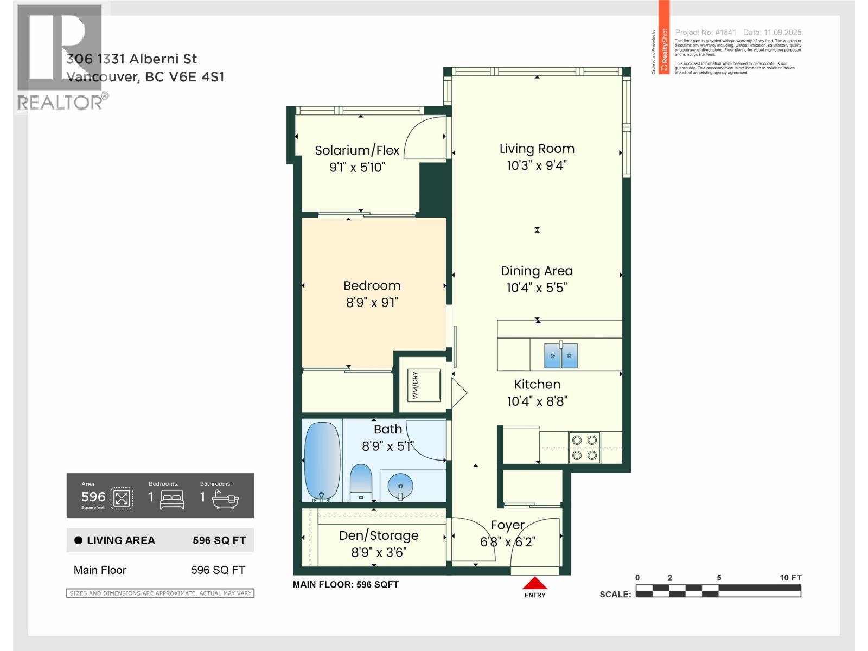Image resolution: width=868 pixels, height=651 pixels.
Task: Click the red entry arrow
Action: (535, 583)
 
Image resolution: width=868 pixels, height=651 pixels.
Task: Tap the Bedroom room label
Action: (372, 286)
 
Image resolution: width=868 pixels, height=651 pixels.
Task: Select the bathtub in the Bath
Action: (321, 461)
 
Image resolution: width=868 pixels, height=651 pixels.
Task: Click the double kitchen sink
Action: (561, 356)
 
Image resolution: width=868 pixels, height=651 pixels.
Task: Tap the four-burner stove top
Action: (584, 448)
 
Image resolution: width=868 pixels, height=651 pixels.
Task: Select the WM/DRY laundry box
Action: (424, 385)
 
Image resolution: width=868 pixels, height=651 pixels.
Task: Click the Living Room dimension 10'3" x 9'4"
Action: (536, 165)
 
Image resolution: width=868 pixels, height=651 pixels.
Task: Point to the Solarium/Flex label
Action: (357, 150)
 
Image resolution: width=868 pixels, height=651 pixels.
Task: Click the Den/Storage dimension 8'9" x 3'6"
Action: (379, 552)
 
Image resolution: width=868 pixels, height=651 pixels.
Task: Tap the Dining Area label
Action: (537, 271)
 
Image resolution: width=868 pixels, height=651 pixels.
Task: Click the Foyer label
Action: (507, 525)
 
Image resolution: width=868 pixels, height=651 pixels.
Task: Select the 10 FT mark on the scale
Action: (790, 578)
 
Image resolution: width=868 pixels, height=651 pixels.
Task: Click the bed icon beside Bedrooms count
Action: (173, 499)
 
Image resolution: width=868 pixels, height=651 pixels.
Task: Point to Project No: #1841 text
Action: (705, 33)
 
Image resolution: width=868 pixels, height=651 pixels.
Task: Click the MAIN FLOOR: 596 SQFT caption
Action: (346, 584)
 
